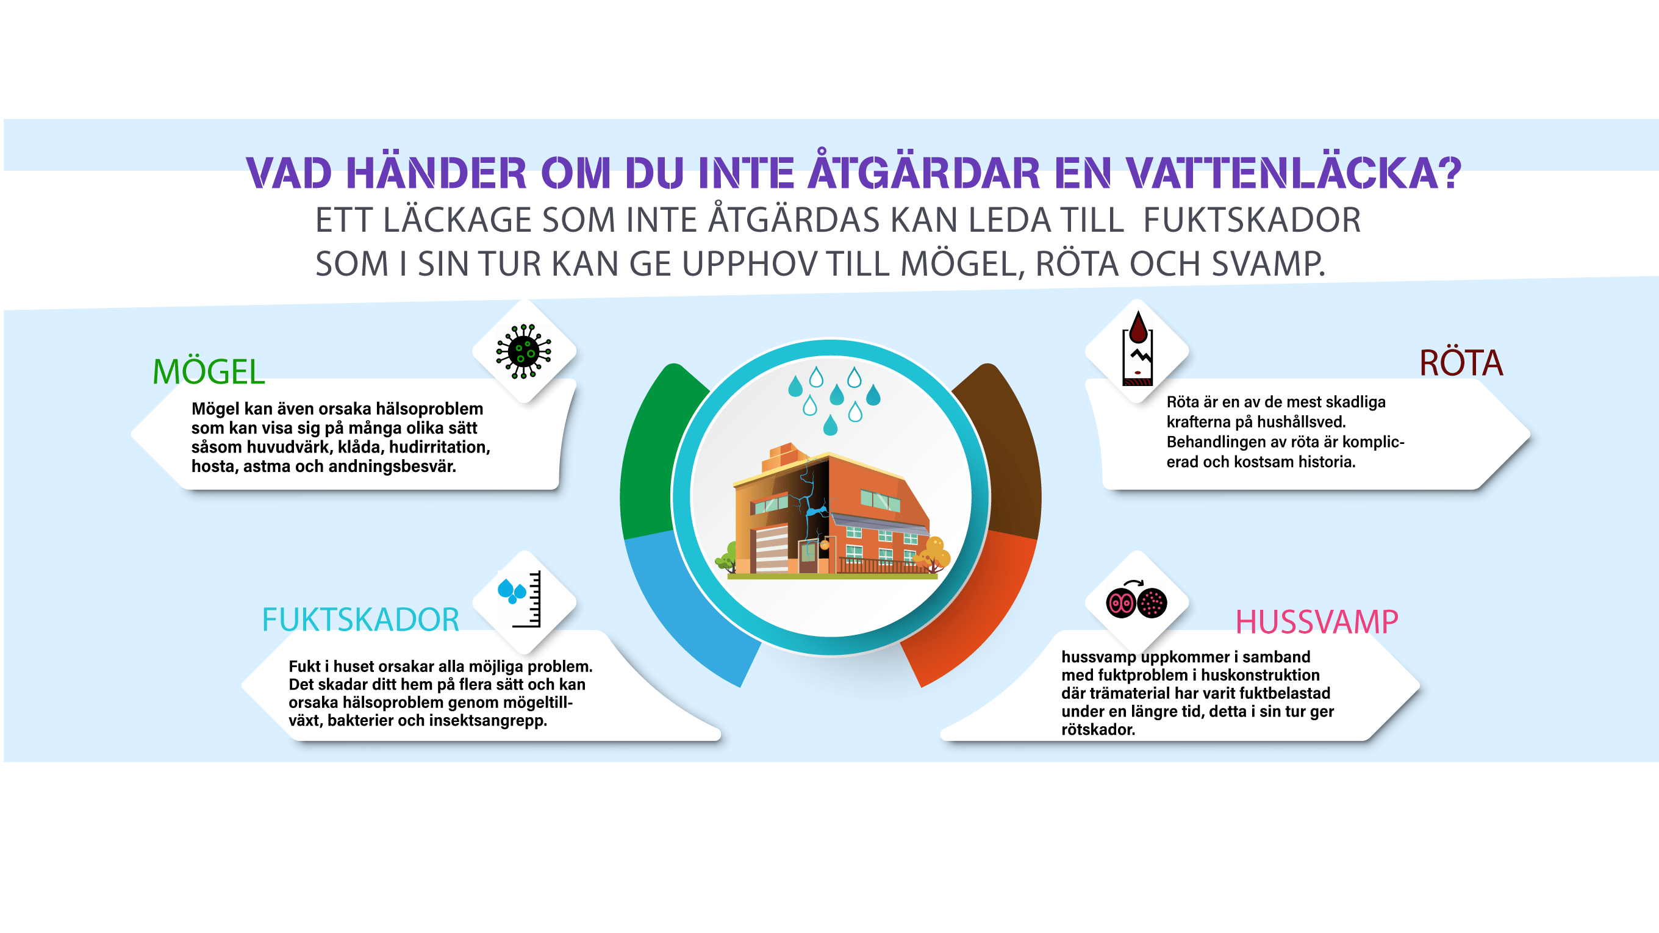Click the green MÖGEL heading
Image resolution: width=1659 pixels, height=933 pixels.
(x=209, y=371)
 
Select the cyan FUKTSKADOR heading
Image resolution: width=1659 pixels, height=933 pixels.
(x=360, y=620)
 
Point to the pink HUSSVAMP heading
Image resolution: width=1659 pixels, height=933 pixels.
(x=1316, y=621)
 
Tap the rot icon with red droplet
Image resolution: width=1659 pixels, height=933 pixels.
(x=1138, y=348)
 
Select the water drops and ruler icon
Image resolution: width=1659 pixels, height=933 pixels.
(x=520, y=599)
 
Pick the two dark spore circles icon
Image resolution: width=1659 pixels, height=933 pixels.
(x=1136, y=600)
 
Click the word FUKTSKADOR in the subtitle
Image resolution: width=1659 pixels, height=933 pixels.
(x=1252, y=220)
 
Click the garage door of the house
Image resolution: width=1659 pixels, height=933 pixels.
(x=772, y=549)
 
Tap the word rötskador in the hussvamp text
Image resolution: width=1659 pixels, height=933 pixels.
(x=1098, y=729)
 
